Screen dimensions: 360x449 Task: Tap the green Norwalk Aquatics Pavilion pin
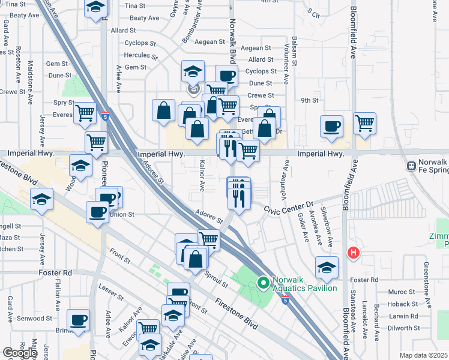click(x=263, y=281)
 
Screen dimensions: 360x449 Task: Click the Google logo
click(x=20, y=353)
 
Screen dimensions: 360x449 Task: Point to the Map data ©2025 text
click(x=423, y=355)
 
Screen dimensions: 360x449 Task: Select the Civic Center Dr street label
click(x=290, y=208)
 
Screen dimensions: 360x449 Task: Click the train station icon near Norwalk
click(x=412, y=166)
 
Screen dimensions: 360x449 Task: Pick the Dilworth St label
click(x=403, y=328)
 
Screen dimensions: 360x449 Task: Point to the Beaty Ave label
click(x=144, y=19)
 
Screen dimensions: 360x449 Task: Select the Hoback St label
click(x=403, y=304)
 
